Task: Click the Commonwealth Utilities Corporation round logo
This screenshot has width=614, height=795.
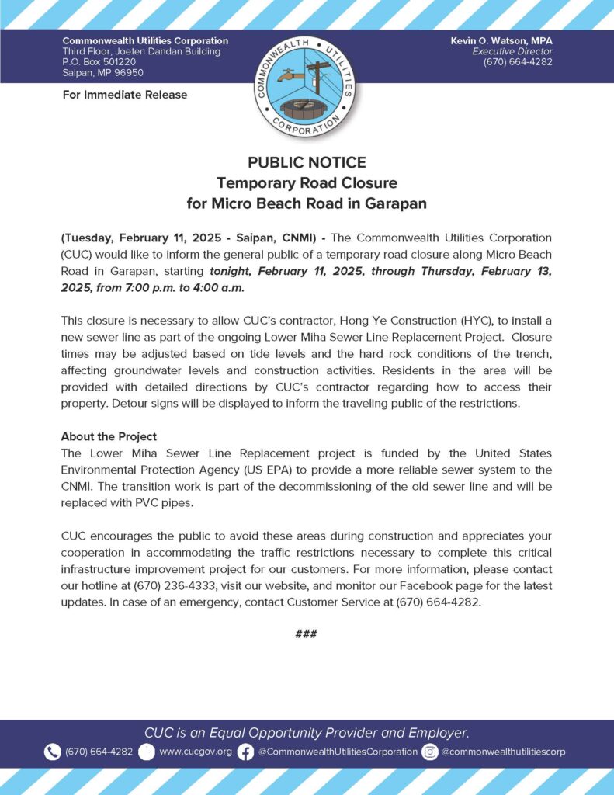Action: [x=307, y=86]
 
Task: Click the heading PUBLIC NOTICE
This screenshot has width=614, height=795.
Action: [x=307, y=162]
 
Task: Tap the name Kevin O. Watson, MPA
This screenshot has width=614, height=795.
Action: [x=501, y=40]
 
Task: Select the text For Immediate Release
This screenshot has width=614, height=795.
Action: [x=124, y=95]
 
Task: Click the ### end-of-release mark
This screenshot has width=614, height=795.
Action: [x=307, y=634]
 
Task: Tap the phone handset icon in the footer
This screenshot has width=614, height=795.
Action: [x=52, y=752]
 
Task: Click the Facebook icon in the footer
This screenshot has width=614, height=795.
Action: [x=245, y=752]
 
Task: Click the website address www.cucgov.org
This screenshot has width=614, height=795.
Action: [x=196, y=752]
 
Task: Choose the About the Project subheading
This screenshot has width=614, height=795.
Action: [x=109, y=436]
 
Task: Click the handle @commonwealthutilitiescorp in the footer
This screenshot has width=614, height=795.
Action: [x=504, y=752]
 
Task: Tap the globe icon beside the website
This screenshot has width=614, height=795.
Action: [x=147, y=752]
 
